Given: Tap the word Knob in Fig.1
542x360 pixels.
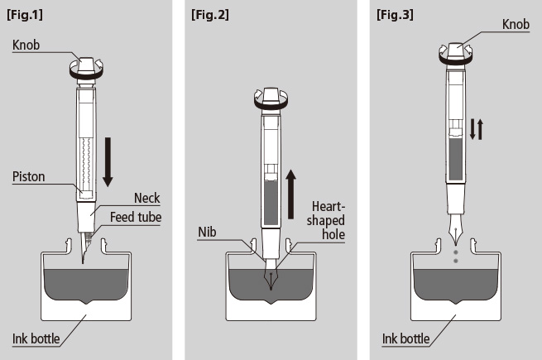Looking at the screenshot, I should click(27, 44).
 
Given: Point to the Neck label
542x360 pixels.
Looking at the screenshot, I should click(146, 198).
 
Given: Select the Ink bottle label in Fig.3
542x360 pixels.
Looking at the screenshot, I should click(405, 338).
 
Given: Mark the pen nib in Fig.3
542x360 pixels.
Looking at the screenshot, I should click(455, 228).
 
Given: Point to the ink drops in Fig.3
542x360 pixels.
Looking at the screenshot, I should click(455, 254).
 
